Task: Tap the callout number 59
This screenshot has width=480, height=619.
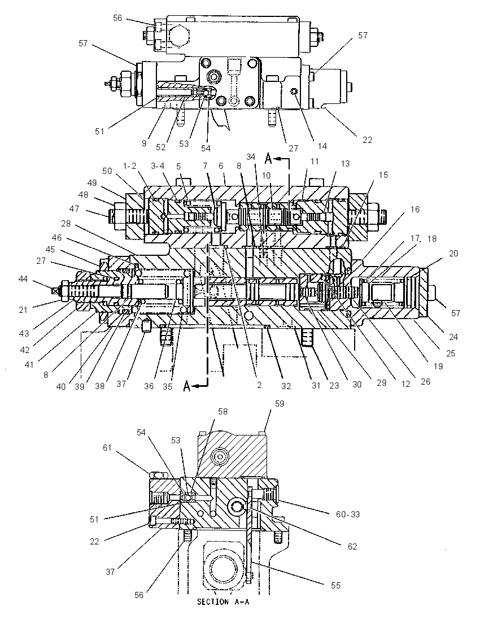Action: (280, 404)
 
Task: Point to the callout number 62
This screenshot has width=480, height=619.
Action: (352, 546)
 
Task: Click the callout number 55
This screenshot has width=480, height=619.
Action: (335, 586)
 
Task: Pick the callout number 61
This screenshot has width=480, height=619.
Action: (107, 448)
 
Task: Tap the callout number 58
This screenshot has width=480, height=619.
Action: (222, 411)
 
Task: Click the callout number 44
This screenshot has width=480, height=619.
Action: (23, 279)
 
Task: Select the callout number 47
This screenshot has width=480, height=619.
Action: (74, 209)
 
